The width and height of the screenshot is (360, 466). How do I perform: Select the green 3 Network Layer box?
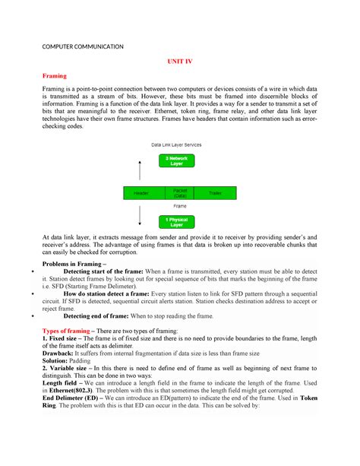176,160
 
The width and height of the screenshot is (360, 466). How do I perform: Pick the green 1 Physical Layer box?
176,222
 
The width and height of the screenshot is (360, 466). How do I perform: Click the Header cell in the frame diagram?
141,193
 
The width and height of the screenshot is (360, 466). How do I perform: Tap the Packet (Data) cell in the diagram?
180,193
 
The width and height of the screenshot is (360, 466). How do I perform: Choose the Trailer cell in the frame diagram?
216,193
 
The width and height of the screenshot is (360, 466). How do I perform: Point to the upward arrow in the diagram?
139,170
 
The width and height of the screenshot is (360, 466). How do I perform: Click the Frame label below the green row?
180,206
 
